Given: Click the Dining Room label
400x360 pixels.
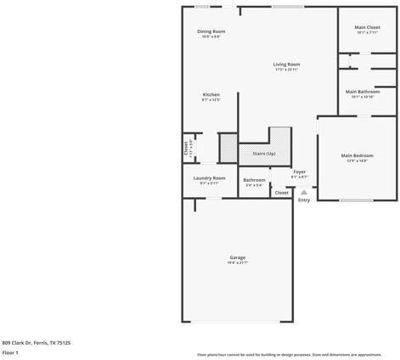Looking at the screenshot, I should [x=211, y=31].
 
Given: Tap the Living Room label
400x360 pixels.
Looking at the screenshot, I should [x=286, y=65].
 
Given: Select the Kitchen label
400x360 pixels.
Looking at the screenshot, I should [x=211, y=94].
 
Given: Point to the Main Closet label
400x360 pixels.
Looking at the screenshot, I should [x=367, y=28].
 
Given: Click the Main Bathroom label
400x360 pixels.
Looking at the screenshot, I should [x=363, y=91].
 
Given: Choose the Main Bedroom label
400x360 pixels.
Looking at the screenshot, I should [x=358, y=155].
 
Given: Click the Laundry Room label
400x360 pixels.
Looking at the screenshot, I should [x=209, y=177].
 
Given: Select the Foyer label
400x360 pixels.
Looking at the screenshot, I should [x=300, y=172].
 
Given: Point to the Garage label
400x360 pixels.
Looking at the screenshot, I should [x=237, y=257].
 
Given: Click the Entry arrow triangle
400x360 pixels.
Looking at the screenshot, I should [x=303, y=192].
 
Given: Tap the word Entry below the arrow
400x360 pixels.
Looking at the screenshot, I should [x=303, y=200].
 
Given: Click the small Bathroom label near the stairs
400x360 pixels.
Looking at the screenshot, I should [x=254, y=179].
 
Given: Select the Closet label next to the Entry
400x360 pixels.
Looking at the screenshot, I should [x=281, y=193].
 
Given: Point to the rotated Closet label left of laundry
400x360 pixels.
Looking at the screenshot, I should [x=186, y=148].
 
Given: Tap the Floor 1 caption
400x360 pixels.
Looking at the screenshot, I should [x=10, y=352].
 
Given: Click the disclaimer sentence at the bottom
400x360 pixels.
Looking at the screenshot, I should [x=289, y=354].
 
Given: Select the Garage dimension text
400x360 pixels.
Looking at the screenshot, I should [x=237, y=263].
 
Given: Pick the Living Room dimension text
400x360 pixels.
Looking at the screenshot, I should [x=286, y=70].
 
